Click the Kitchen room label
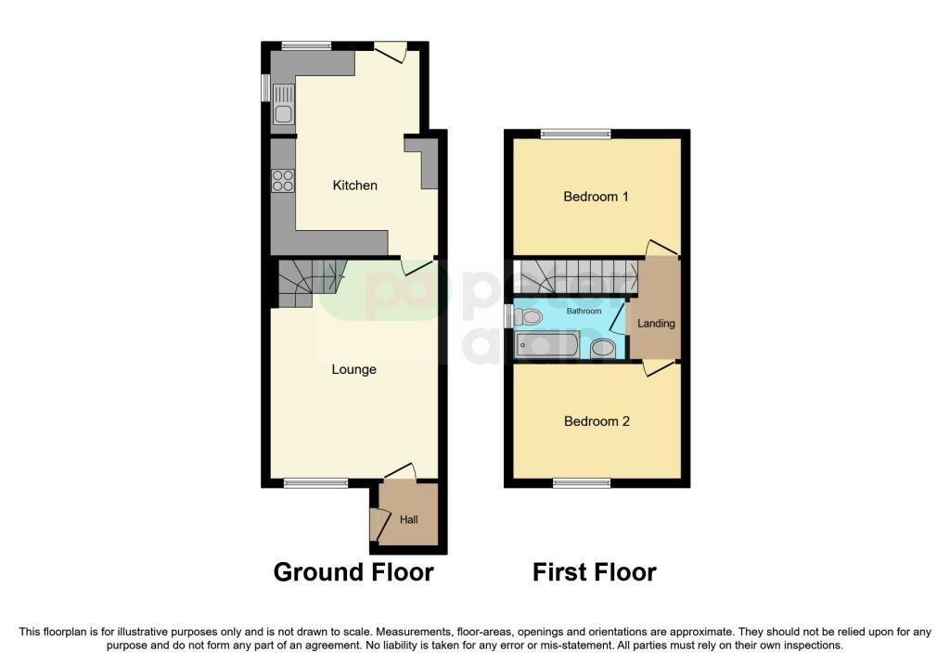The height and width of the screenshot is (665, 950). [355, 185]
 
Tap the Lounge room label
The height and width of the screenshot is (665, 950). [354, 369]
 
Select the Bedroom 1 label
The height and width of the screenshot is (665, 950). [597, 197]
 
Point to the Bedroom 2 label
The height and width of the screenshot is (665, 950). [597, 421]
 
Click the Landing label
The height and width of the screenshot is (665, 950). [656, 324]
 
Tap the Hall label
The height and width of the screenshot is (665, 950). [409, 519]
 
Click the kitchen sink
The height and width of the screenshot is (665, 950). [283, 105]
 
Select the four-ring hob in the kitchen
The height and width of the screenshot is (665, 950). [283, 181]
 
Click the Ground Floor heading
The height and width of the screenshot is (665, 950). [353, 572]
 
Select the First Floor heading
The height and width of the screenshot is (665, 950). [594, 572]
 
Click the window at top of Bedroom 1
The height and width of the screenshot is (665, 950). [576, 134]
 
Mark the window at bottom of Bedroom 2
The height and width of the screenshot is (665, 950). [582, 482]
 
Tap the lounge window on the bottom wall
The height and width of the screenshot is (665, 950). [315, 482]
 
